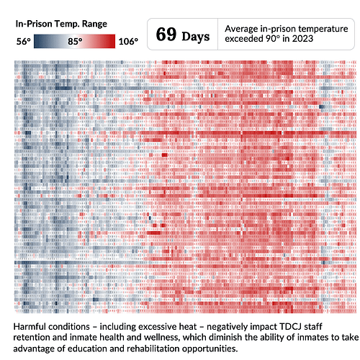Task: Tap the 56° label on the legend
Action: (24, 42)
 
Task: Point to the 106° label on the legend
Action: (127, 42)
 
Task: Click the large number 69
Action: (166, 35)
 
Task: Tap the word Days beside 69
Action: (196, 36)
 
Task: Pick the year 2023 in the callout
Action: (307, 40)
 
